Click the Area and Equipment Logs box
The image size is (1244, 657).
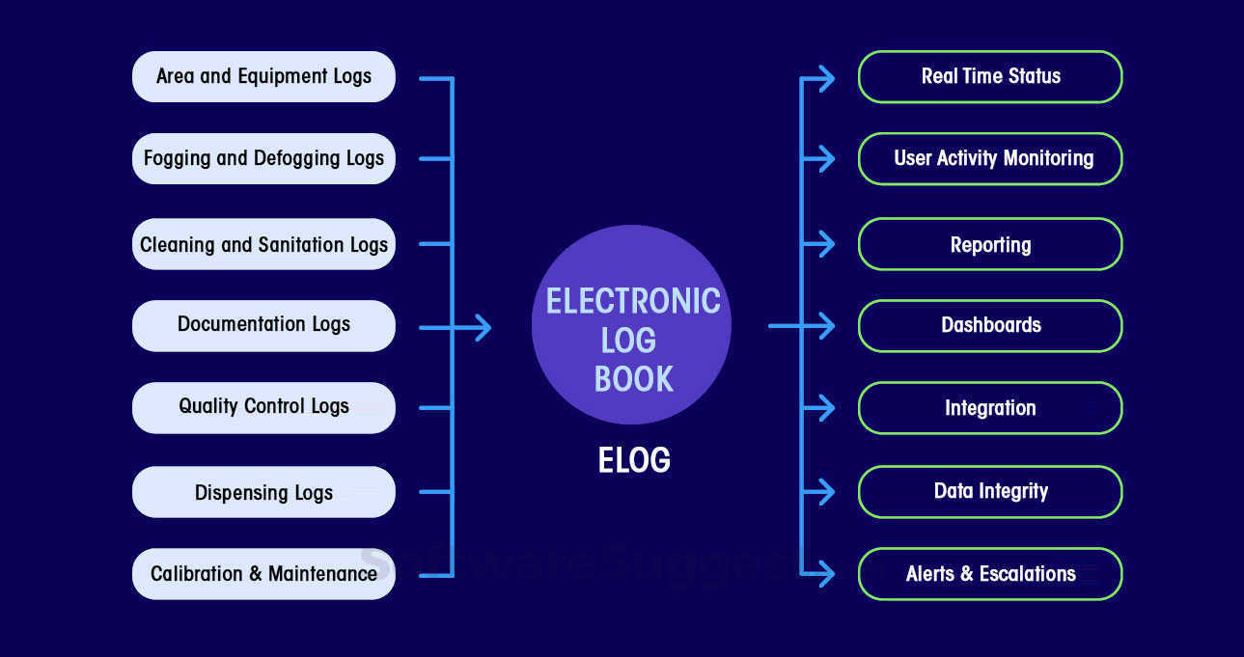(263, 76)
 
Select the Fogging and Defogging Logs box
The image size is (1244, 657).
(263, 158)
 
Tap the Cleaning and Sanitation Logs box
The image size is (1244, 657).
(263, 244)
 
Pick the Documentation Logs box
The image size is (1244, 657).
(263, 325)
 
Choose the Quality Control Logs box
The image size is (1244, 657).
(263, 407)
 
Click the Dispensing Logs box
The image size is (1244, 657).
(263, 492)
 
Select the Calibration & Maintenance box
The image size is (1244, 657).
(263, 574)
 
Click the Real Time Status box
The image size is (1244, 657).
(990, 76)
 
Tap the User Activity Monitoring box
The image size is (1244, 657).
(990, 158)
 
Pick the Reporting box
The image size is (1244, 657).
(990, 244)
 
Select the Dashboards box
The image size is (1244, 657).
(990, 325)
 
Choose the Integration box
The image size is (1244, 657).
(990, 408)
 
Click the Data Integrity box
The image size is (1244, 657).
(990, 491)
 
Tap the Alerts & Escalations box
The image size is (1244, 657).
(990, 574)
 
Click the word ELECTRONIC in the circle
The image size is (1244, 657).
(632, 301)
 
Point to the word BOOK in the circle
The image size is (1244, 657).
(633, 379)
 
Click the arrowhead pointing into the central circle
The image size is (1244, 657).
(482, 328)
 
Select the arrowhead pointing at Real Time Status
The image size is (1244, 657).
(825, 78)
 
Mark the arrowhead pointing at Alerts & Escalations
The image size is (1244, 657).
(825, 574)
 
